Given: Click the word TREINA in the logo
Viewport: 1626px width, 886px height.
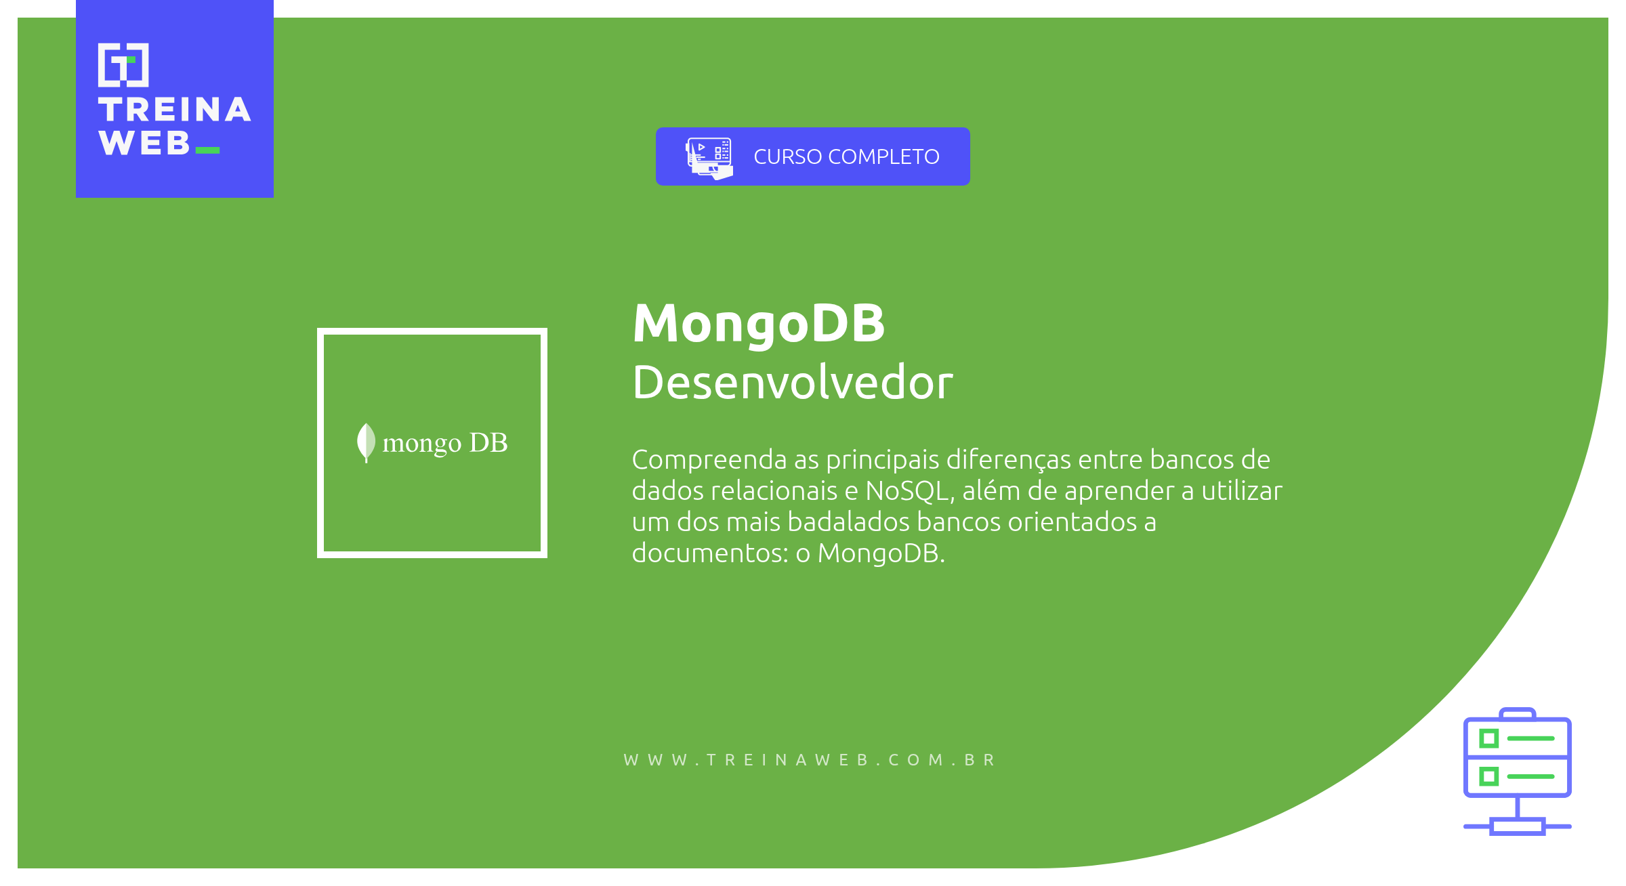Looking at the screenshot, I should [175, 110].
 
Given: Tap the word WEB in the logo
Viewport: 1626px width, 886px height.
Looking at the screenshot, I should [144, 144].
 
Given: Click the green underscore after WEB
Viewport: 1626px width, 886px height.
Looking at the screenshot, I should [207, 150].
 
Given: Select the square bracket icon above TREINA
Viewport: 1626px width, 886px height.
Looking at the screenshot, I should [123, 65].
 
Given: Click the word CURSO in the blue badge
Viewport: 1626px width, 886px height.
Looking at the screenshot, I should [788, 157].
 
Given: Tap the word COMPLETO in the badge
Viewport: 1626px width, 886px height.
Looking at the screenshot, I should [883, 157].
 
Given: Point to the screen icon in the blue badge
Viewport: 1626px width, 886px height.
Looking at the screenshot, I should [709, 157].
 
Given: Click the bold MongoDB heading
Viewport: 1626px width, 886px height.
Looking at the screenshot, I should [759, 324].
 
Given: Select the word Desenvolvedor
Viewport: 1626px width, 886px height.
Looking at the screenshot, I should [792, 383].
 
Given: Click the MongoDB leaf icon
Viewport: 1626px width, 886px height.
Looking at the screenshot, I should [366, 442].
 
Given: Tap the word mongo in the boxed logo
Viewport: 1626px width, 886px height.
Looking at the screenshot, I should [421, 444].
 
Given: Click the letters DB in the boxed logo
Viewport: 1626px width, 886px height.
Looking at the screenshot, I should [488, 442].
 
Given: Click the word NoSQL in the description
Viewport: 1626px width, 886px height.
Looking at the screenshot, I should [909, 491].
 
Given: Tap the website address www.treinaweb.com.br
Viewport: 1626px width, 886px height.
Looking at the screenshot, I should [810, 760].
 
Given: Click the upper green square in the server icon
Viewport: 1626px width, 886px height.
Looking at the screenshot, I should [1488, 738].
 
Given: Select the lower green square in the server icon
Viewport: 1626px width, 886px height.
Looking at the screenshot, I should [1488, 776].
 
